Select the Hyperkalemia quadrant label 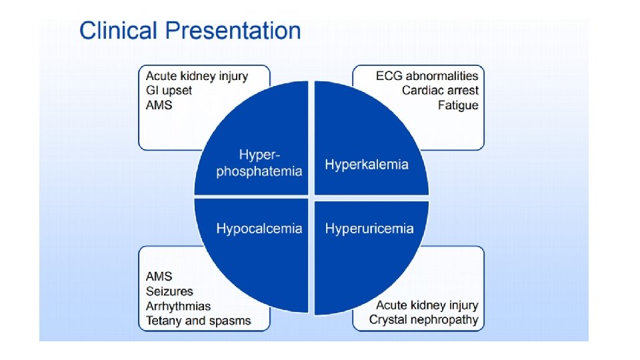367,165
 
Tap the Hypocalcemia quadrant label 259,229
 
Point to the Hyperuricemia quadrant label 369,229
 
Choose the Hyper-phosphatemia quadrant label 259,163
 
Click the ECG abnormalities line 427,76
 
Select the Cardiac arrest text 439,91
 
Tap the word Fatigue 458,105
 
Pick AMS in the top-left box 160,105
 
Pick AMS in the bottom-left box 159,277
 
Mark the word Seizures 169,291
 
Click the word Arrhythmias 178,306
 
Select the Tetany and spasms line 199,321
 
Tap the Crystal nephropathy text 424,320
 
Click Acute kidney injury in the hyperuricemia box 427,305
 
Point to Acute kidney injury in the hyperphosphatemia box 197,76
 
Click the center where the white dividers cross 311,197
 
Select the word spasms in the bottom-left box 231,321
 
